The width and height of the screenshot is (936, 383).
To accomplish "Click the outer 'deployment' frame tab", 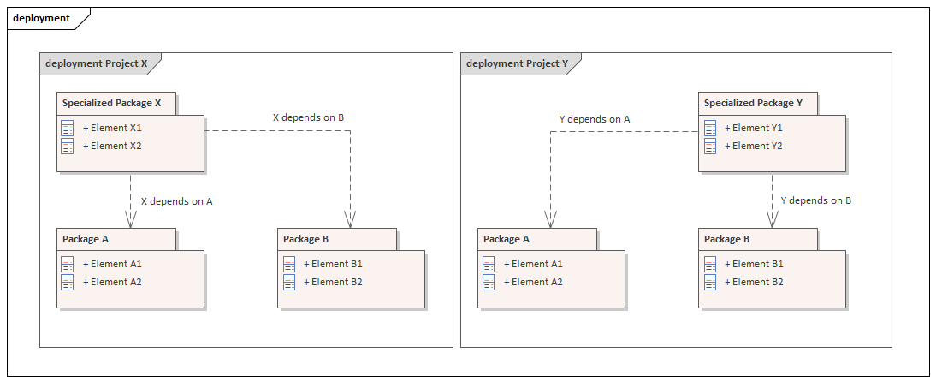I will click(x=42, y=18).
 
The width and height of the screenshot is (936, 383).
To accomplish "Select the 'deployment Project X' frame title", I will click(x=96, y=63).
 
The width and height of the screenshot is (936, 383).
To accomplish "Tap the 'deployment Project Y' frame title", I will click(x=517, y=63).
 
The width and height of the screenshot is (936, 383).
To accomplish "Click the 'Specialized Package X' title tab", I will click(x=111, y=103).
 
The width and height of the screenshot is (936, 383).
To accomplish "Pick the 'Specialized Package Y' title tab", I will click(x=753, y=103).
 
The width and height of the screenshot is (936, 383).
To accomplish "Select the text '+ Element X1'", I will click(x=112, y=128).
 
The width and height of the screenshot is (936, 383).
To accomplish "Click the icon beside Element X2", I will click(x=68, y=146).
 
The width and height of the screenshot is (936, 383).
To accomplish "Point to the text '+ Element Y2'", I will click(x=754, y=146).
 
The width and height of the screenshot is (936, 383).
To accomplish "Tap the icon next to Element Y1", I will click(x=710, y=128).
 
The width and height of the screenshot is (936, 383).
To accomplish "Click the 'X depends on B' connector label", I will click(x=308, y=117).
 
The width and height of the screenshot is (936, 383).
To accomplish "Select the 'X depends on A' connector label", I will click(x=176, y=201).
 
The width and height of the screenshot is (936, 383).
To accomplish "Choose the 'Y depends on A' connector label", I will click(x=594, y=119).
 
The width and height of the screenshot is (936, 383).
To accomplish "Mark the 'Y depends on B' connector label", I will click(x=815, y=200).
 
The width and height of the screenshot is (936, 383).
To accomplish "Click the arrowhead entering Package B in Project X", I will click(x=351, y=219).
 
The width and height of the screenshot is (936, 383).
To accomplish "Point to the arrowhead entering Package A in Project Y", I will click(x=550, y=219).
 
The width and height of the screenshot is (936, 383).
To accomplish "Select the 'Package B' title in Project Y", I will click(x=726, y=239).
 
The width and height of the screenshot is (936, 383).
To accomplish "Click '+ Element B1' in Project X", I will click(x=333, y=264).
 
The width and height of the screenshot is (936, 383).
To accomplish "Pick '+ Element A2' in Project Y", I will click(x=533, y=282).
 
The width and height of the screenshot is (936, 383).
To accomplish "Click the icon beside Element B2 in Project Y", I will click(x=710, y=282).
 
